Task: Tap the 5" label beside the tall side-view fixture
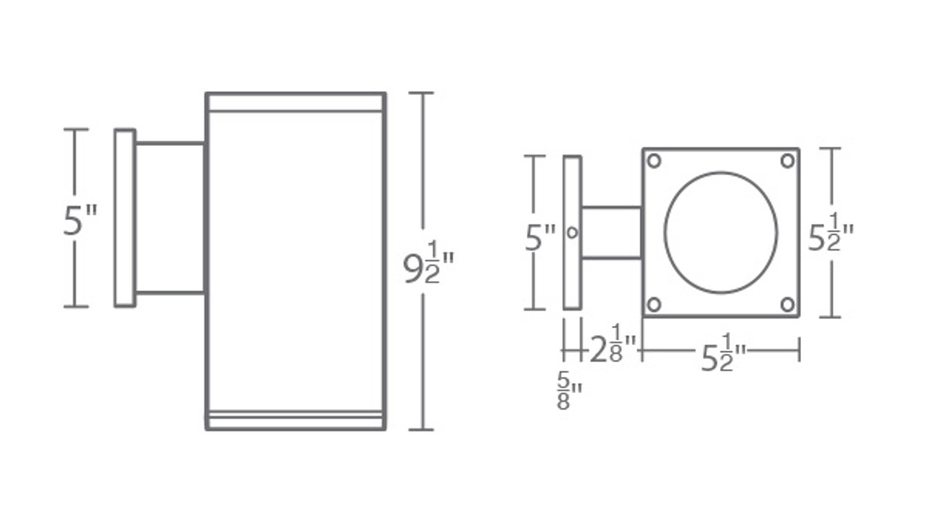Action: click(80, 220)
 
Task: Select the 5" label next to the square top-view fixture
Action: click(540, 237)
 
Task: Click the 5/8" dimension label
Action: click(569, 391)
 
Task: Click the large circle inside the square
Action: click(721, 232)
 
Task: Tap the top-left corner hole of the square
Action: click(654, 161)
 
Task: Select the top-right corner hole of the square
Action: click(787, 161)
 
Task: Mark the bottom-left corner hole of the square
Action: click(654, 304)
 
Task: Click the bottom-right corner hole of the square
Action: click(787, 304)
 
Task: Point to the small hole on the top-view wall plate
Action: click(572, 232)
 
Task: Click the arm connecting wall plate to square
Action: click(611, 232)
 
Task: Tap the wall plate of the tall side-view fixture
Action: click(125, 218)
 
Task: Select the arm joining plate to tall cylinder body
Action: click(170, 218)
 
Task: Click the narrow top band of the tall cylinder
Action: click(295, 102)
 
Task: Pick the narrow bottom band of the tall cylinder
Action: click(295, 421)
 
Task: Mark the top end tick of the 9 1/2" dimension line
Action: click(421, 93)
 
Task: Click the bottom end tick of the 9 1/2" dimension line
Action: click(421, 429)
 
